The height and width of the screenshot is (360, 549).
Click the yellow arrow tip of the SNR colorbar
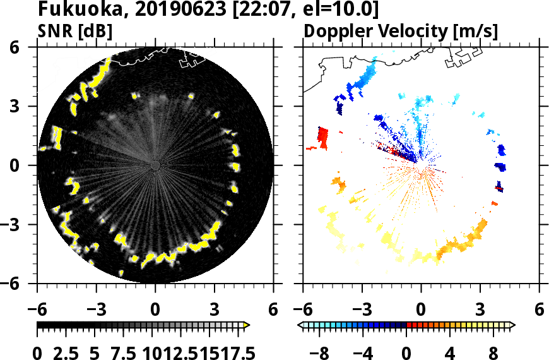click(247, 325)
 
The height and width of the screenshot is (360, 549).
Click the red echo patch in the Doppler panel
click(322, 136)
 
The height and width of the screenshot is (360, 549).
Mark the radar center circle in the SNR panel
click(155, 165)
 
